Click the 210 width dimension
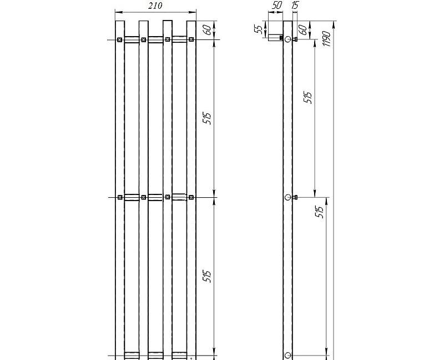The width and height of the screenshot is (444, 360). click(155, 6)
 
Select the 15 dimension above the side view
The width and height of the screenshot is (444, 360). click(295, 6)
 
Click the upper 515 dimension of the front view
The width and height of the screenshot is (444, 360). click(207, 118)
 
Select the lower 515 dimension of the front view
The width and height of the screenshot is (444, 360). click(207, 276)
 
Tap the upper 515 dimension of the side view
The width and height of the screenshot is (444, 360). click(308, 98)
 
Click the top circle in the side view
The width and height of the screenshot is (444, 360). click(287, 40)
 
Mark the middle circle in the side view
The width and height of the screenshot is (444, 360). click(287, 197)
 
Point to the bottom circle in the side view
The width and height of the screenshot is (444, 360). click(287, 355)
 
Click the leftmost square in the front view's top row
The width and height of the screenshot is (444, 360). click(120, 39)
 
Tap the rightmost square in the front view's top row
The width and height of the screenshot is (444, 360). click(191, 39)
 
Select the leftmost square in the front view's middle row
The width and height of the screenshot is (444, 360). click(120, 197)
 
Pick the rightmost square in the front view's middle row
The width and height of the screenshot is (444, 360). click(191, 197)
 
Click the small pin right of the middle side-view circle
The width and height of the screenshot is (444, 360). click(296, 197)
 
